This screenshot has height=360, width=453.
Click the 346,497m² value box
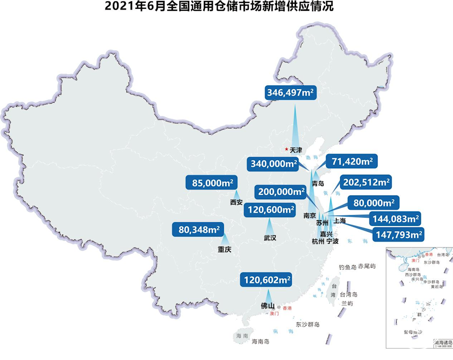(290, 92)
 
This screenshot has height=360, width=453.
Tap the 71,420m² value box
(352, 162)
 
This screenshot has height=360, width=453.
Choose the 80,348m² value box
(200, 229)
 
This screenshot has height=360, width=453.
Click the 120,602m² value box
(267, 280)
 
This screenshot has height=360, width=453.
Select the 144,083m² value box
(395, 218)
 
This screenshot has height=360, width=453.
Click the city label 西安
(236, 203)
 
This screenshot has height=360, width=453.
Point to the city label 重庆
(225, 250)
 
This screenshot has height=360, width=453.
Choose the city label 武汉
(270, 238)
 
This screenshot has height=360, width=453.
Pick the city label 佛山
(267, 306)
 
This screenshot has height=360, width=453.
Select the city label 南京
(310, 216)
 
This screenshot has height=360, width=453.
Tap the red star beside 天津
(287, 149)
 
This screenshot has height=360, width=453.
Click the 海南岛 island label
(260, 341)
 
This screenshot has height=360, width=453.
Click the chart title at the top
(226, 7)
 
